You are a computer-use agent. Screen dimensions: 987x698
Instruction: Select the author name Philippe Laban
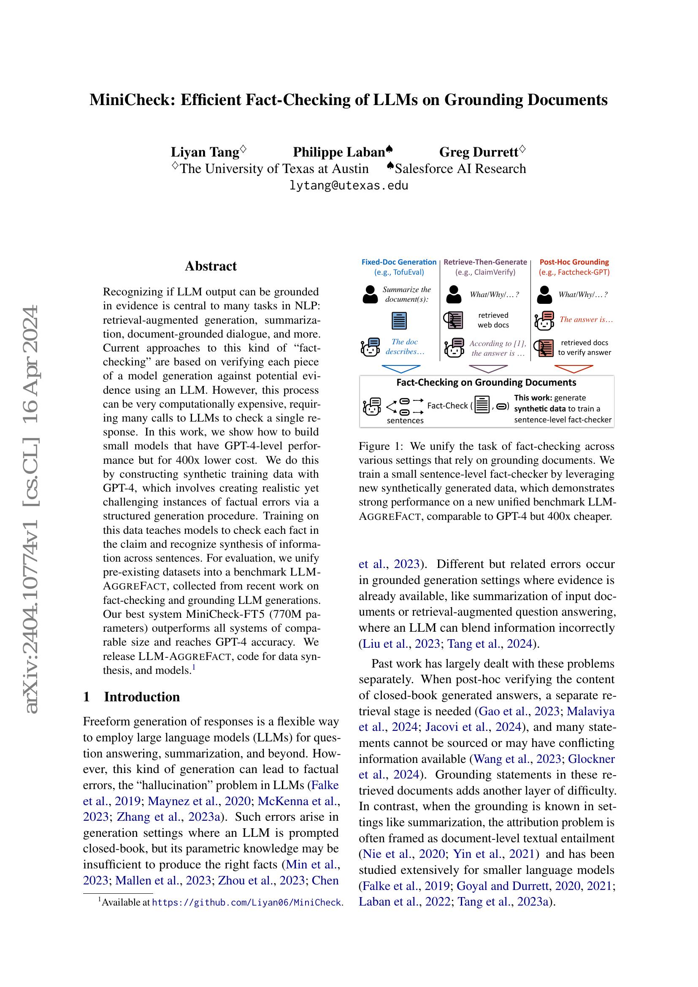click(339, 152)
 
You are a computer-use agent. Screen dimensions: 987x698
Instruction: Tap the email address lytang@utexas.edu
click(349, 186)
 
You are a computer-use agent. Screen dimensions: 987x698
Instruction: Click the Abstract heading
click(211, 266)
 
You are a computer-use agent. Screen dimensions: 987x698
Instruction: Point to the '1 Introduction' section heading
click(132, 697)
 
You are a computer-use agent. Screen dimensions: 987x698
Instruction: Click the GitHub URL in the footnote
click(247, 902)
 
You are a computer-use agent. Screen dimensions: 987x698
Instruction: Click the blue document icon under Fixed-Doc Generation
click(399, 321)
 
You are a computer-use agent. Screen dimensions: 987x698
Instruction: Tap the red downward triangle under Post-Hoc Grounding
click(574, 369)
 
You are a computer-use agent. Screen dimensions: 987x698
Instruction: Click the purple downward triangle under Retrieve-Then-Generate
click(488, 369)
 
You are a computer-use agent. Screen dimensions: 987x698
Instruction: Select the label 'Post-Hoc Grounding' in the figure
click(574, 262)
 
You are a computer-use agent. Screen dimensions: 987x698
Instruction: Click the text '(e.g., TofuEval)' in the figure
click(399, 272)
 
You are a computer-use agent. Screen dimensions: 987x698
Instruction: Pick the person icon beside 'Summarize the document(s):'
click(370, 295)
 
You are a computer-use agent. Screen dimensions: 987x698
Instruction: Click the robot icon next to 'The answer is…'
click(544, 321)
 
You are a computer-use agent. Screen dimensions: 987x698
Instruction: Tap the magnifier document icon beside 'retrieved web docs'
click(453, 320)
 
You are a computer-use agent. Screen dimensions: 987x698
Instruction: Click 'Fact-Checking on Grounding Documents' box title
click(486, 382)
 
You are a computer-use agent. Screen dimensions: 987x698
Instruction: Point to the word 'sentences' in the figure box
click(405, 420)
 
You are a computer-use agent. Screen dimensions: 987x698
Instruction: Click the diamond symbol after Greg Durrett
click(522, 149)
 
